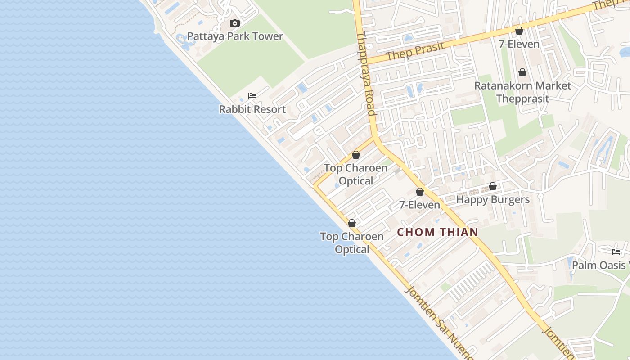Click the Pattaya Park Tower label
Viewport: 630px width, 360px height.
pos(235,36)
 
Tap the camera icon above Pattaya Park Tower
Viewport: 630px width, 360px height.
pos(234,23)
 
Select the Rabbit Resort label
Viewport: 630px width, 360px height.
pos(252,109)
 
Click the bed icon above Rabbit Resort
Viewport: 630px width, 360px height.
pos(252,95)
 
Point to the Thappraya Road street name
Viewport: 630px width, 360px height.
pos(366,74)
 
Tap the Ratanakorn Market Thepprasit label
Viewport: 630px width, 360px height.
pos(522,92)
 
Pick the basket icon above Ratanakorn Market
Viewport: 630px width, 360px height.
pos(522,72)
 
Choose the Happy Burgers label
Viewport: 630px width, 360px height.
pos(493,199)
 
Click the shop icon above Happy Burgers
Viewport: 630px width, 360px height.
pos(493,186)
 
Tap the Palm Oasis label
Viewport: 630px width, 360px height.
pos(600,265)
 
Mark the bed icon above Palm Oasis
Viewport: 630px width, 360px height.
pos(616,252)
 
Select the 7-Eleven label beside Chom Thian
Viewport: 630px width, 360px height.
pos(420,205)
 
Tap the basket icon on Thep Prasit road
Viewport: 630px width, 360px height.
pos(519,31)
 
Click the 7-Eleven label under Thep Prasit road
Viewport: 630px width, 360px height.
pos(519,44)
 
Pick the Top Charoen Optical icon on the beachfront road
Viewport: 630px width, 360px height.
pos(352,223)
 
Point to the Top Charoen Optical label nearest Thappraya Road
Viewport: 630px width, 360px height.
pos(355,174)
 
